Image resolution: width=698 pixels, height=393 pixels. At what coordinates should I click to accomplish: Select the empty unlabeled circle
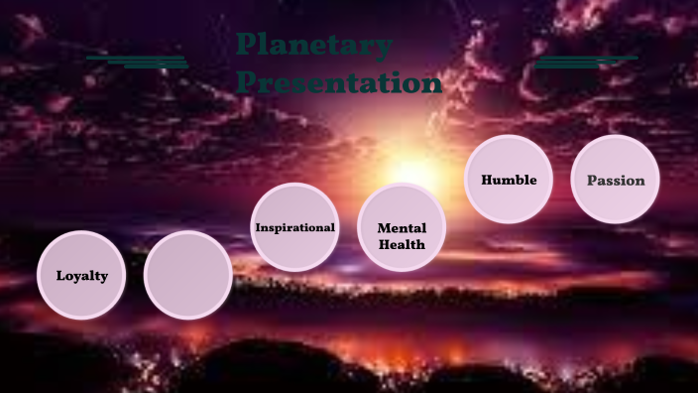(188, 275)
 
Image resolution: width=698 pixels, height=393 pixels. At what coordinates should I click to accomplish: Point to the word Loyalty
(81, 276)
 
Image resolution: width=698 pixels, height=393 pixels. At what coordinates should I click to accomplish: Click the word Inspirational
(294, 227)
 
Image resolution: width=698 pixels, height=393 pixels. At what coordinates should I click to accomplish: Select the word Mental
(402, 228)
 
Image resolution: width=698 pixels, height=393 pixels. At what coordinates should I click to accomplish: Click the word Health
(402, 244)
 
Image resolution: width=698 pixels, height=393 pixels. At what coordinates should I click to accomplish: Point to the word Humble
(509, 180)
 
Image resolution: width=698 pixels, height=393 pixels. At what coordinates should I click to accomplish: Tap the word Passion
(616, 181)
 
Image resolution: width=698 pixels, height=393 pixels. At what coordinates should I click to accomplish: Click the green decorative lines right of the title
(585, 62)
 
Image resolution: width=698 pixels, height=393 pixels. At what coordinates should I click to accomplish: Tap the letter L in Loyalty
(60, 276)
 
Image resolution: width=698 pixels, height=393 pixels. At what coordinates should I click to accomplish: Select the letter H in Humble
(487, 180)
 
